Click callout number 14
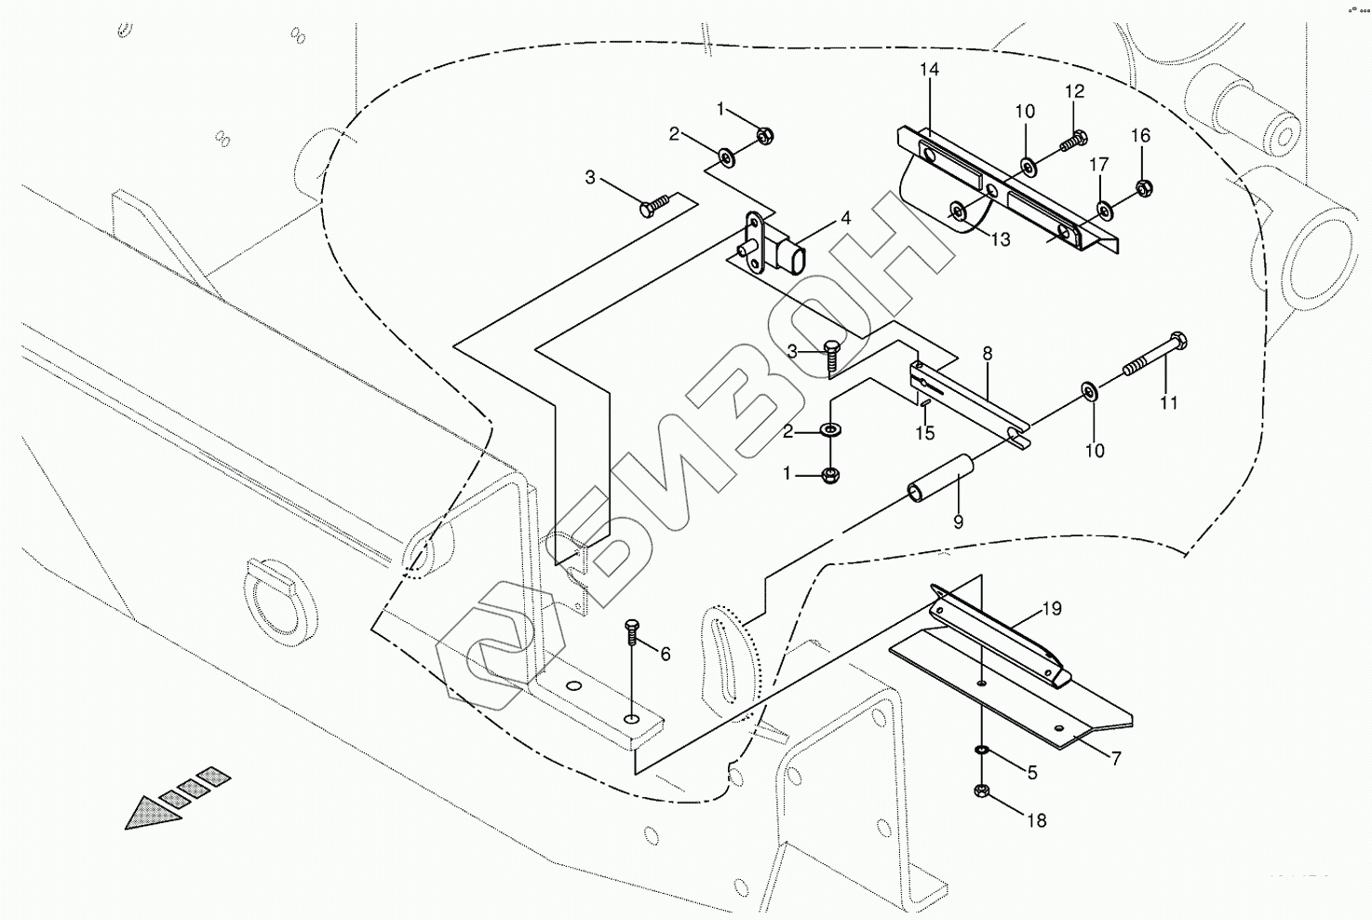click(929, 70)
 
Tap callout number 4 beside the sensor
click(845, 219)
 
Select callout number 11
click(1168, 403)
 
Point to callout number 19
click(1051, 610)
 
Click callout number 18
click(1036, 820)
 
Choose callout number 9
click(958, 522)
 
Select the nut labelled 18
click(980, 792)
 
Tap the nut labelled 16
click(1145, 189)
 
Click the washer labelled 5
click(981, 750)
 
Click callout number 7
click(1115, 759)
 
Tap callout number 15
click(924, 433)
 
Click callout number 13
click(1000, 240)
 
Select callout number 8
click(987, 354)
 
